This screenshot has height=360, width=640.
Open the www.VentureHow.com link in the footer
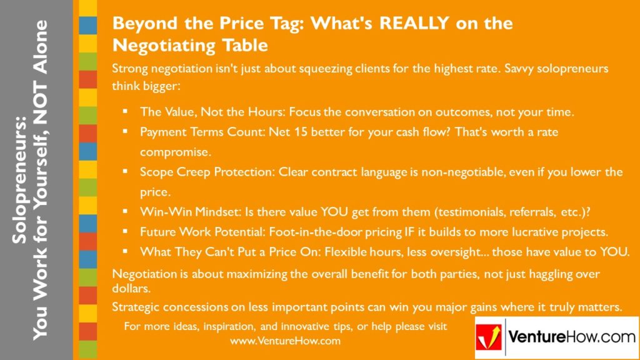point(284,341)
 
